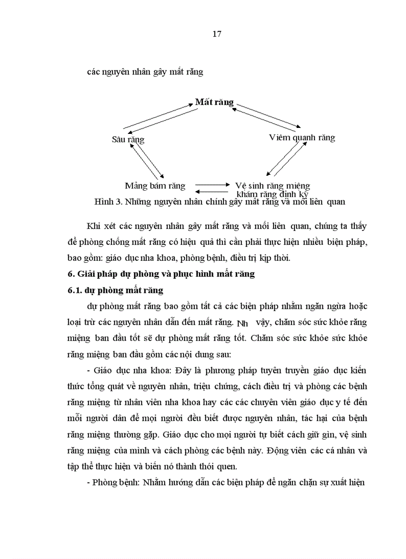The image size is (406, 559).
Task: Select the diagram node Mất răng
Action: tap(214, 102)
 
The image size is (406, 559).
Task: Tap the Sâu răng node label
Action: tap(128, 139)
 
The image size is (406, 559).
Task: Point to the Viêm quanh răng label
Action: tap(302, 137)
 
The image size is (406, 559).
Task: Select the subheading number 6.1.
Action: tap(76, 290)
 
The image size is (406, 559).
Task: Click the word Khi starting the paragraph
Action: tap(94, 226)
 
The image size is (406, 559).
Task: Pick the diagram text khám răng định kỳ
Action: tap(273, 194)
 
